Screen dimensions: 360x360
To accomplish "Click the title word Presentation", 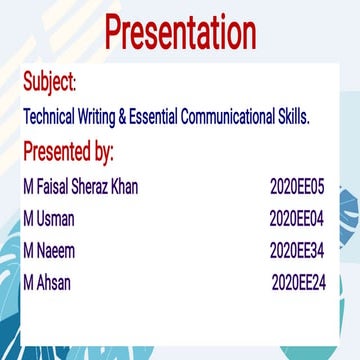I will coord(181,33).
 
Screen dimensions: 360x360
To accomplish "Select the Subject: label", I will coord(49,81).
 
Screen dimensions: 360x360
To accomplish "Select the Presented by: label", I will coord(68,152).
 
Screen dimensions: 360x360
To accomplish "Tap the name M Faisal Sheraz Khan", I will coord(80,187).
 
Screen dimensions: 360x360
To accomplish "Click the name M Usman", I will coord(49,219).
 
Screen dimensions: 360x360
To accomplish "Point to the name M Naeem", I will coord(49,251).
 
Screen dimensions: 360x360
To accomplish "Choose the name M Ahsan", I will coord(47,283).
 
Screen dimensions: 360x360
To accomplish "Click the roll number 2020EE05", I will coord(298,187).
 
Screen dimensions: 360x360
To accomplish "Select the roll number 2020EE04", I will coord(298,219).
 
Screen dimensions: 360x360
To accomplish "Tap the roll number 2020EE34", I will coord(298,251).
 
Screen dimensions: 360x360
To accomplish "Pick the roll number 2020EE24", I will coord(299,283).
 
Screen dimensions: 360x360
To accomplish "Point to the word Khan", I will coord(126,187).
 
